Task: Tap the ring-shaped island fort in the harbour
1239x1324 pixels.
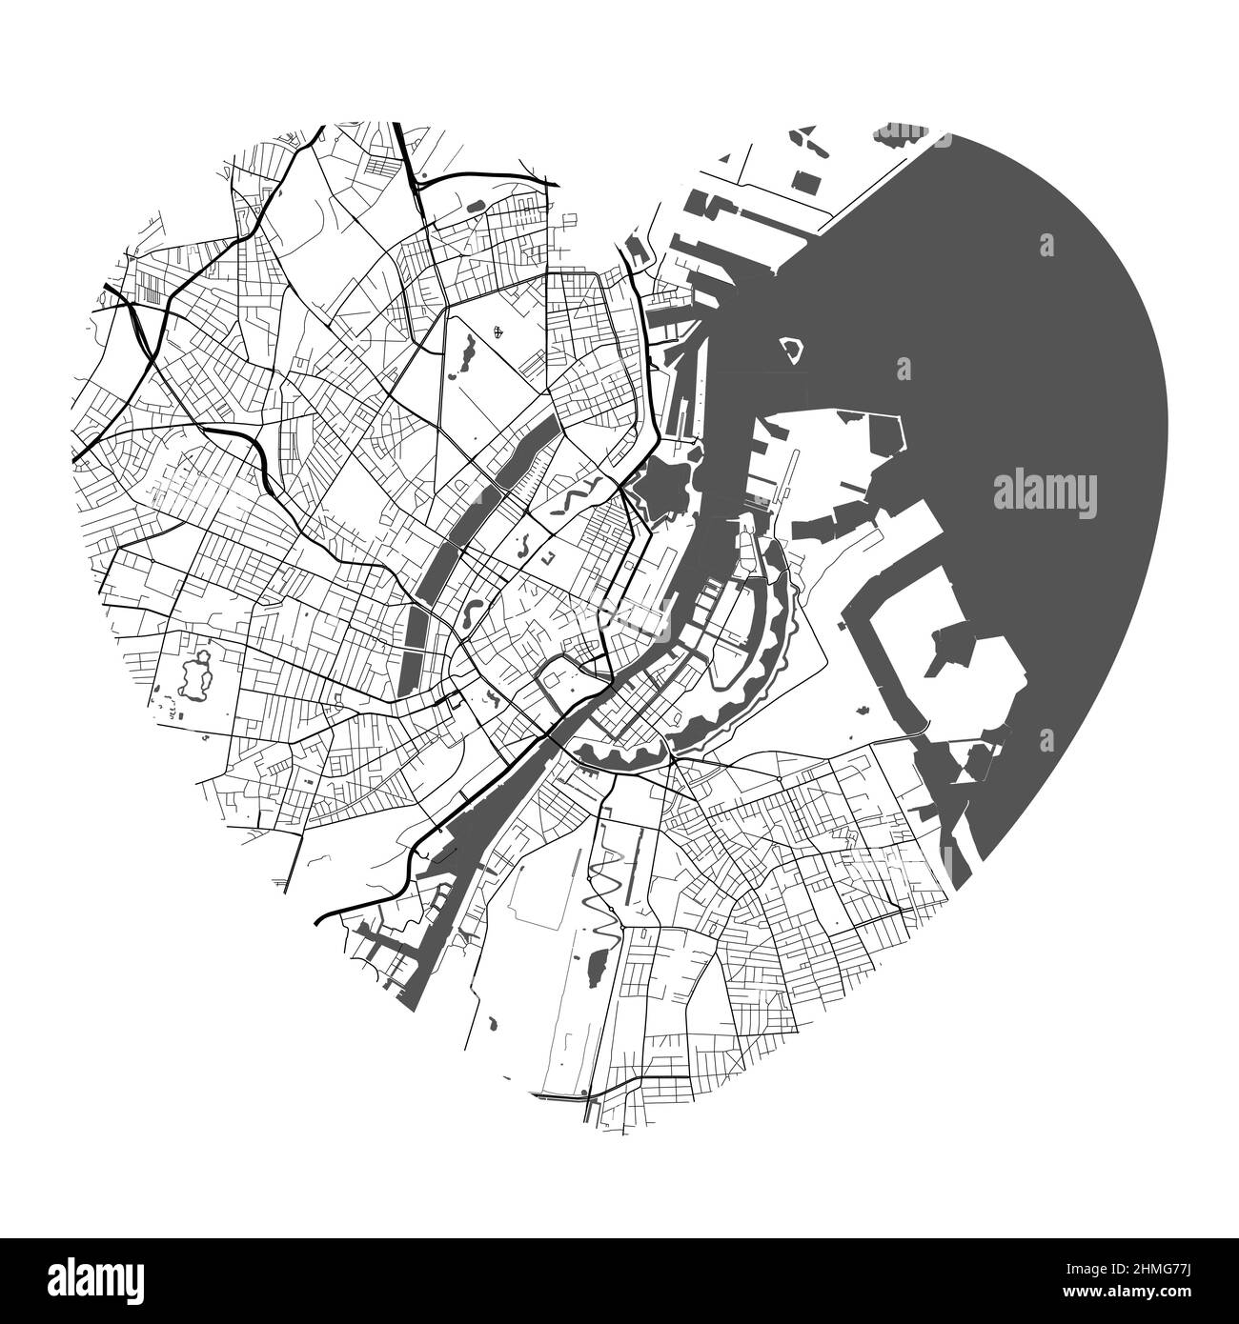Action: click(x=791, y=353)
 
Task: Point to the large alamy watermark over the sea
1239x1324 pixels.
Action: click(x=1045, y=493)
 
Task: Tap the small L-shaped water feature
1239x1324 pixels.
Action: click(x=548, y=555)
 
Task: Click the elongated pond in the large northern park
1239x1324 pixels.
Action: click(x=466, y=350)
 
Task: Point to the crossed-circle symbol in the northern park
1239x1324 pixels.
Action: click(x=500, y=332)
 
